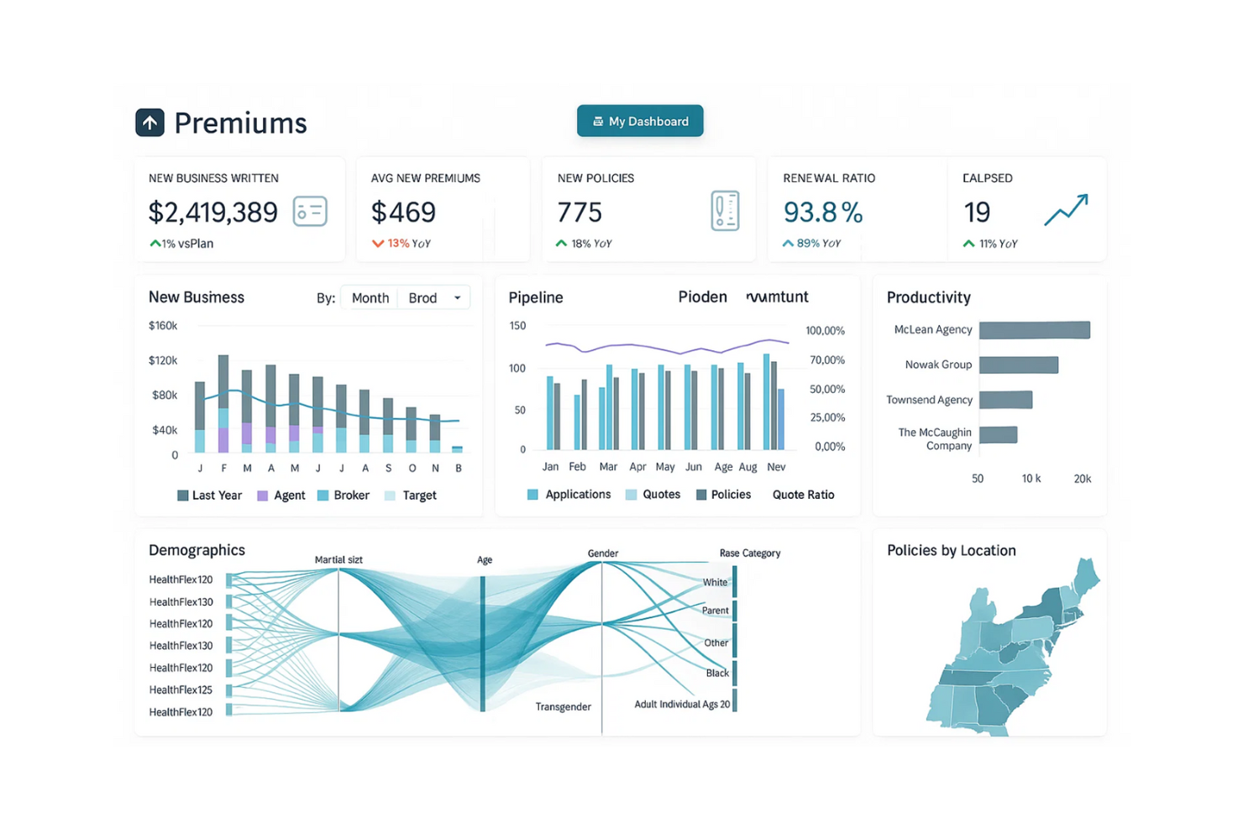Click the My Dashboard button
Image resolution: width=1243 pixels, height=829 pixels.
click(640, 121)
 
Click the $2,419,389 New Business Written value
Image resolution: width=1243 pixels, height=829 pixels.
click(213, 212)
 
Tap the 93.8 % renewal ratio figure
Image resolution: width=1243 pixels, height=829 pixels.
click(822, 212)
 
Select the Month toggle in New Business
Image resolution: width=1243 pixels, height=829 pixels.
click(370, 298)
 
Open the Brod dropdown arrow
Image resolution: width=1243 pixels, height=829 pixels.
click(458, 298)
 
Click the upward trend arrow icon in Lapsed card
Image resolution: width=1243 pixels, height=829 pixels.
click(1066, 210)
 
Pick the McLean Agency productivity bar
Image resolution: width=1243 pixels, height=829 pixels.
click(1034, 330)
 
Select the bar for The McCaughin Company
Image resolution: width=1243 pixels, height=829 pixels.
click(998, 434)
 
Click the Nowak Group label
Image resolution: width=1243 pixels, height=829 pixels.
click(938, 365)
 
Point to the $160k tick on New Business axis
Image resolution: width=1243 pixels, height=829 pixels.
click(163, 326)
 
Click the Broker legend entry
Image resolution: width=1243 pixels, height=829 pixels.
click(344, 496)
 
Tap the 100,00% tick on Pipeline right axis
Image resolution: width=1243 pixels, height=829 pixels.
click(825, 331)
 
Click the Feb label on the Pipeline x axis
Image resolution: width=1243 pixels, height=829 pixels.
click(577, 467)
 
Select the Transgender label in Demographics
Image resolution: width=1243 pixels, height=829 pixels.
click(563, 707)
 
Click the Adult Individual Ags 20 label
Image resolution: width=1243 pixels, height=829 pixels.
click(682, 705)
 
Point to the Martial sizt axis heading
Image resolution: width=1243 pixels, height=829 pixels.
click(338, 559)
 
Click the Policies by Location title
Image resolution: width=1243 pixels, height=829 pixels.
click(951, 551)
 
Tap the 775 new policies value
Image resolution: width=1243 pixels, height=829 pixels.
click(580, 212)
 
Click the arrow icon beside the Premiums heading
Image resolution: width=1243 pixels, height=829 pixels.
click(150, 123)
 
